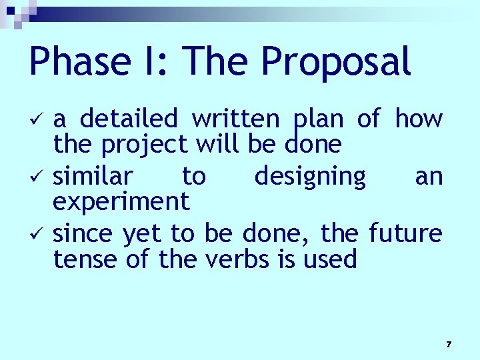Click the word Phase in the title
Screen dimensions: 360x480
[79, 62]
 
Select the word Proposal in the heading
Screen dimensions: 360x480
[336, 62]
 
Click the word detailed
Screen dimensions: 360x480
[129, 119]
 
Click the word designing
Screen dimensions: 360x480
[310, 177]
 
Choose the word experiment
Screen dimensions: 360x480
[121, 201]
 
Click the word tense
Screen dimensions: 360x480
[84, 259]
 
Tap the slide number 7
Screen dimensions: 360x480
[449, 345]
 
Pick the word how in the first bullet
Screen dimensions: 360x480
[419, 119]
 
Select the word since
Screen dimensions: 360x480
[84, 234]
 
